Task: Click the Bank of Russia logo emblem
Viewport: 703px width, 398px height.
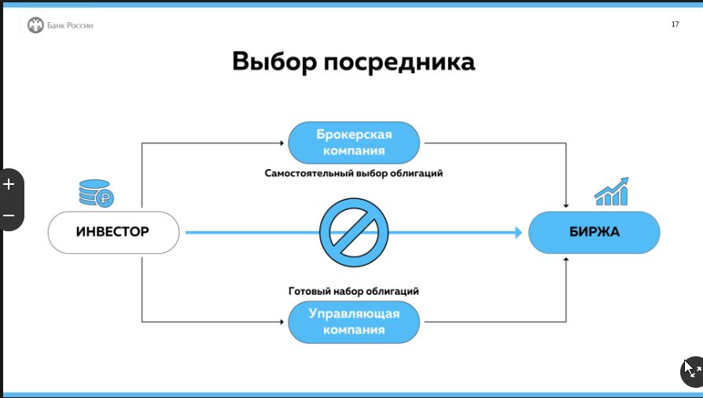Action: [35, 25]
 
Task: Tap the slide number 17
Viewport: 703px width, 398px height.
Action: [675, 24]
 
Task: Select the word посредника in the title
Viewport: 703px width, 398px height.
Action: [399, 62]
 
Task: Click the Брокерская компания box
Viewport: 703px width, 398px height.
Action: [354, 142]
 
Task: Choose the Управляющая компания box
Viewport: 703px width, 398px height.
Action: [354, 322]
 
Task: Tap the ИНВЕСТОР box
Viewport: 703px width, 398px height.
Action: [113, 232]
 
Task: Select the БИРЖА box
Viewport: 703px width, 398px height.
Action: [594, 232]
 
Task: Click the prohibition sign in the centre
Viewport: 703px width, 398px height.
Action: [354, 232]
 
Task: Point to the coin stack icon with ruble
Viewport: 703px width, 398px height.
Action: [97, 193]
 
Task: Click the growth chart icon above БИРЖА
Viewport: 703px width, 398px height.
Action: [612, 192]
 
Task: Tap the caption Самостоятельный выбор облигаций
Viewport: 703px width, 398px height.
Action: [354, 173]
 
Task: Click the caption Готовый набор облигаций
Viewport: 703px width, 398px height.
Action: [354, 291]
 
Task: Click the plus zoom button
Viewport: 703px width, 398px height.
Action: [9, 184]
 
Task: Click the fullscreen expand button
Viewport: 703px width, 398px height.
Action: [693, 371]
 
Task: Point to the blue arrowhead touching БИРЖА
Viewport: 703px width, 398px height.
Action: [519, 232]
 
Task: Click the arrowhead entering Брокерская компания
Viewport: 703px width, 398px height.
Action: [282, 143]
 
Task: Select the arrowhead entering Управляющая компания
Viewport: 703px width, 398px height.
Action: [282, 322]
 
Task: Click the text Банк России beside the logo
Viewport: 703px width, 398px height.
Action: [70, 25]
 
